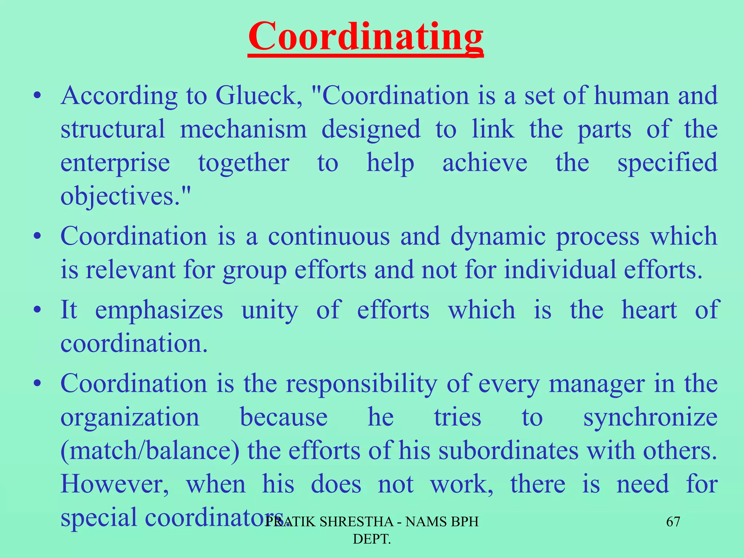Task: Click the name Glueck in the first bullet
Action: pos(259,96)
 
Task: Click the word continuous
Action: pos(329,236)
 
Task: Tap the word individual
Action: pos(560,270)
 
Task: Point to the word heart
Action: pos(649,310)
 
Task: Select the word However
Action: pos(115,484)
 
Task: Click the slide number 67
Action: pos(673,522)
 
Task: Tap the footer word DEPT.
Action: pos(372,539)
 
